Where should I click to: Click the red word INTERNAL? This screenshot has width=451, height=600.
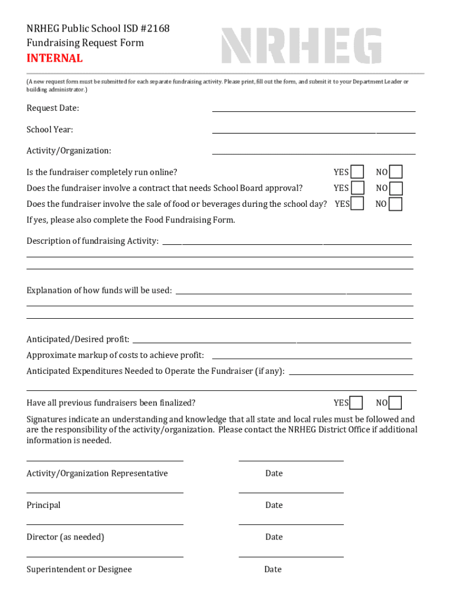tap(54, 59)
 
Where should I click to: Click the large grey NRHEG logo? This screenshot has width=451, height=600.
tap(301, 46)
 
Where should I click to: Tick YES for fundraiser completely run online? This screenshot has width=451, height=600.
tap(357, 172)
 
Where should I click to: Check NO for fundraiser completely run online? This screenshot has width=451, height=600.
tap(396, 172)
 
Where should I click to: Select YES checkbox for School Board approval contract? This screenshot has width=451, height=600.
tap(357, 188)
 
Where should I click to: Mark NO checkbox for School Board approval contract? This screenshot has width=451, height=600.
tap(396, 188)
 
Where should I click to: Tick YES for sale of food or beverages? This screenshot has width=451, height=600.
tap(357, 204)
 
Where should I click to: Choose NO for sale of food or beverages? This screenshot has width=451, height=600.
tap(396, 204)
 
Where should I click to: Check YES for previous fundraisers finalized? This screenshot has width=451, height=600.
tap(356, 403)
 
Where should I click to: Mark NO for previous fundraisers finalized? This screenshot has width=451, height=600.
tap(395, 403)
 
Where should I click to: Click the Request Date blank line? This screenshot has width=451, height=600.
tap(313, 110)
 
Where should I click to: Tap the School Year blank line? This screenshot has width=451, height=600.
tap(313, 132)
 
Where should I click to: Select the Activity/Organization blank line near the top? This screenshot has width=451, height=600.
tap(313, 154)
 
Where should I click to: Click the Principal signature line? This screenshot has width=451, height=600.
tap(105, 492)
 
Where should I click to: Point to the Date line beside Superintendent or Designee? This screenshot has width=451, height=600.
tap(291, 556)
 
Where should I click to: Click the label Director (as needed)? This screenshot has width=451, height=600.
tap(65, 537)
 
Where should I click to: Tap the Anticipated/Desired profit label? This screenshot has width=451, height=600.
tap(78, 339)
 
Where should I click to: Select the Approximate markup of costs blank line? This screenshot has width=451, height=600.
tap(312, 358)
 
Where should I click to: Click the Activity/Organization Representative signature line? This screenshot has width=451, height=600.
tap(105, 461)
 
